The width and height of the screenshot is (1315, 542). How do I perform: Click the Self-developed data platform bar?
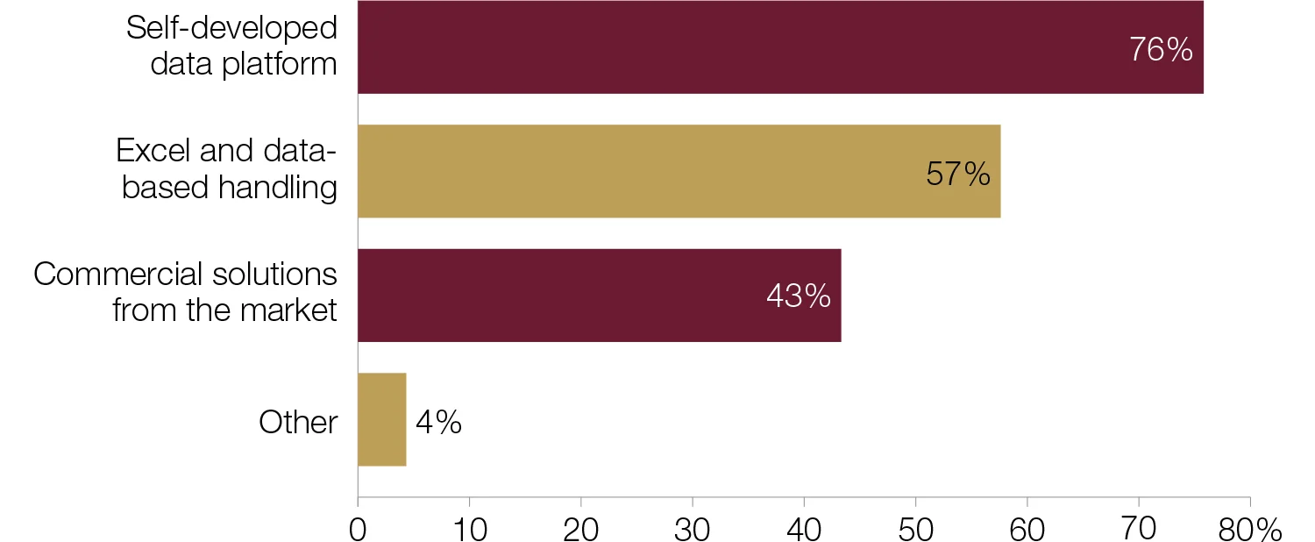[780, 47]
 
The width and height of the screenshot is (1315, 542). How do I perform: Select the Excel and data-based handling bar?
[679, 171]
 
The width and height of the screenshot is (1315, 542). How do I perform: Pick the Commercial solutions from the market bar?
[599, 295]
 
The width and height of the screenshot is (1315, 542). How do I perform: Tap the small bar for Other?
[381, 419]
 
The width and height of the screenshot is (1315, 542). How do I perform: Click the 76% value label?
[1161, 50]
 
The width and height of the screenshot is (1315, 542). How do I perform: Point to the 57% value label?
[958, 174]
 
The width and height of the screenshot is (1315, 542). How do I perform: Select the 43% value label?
[799, 296]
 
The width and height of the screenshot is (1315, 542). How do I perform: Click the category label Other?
[298, 423]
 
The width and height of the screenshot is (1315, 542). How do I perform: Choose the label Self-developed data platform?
[232, 46]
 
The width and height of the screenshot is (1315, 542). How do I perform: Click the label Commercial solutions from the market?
[186, 293]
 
